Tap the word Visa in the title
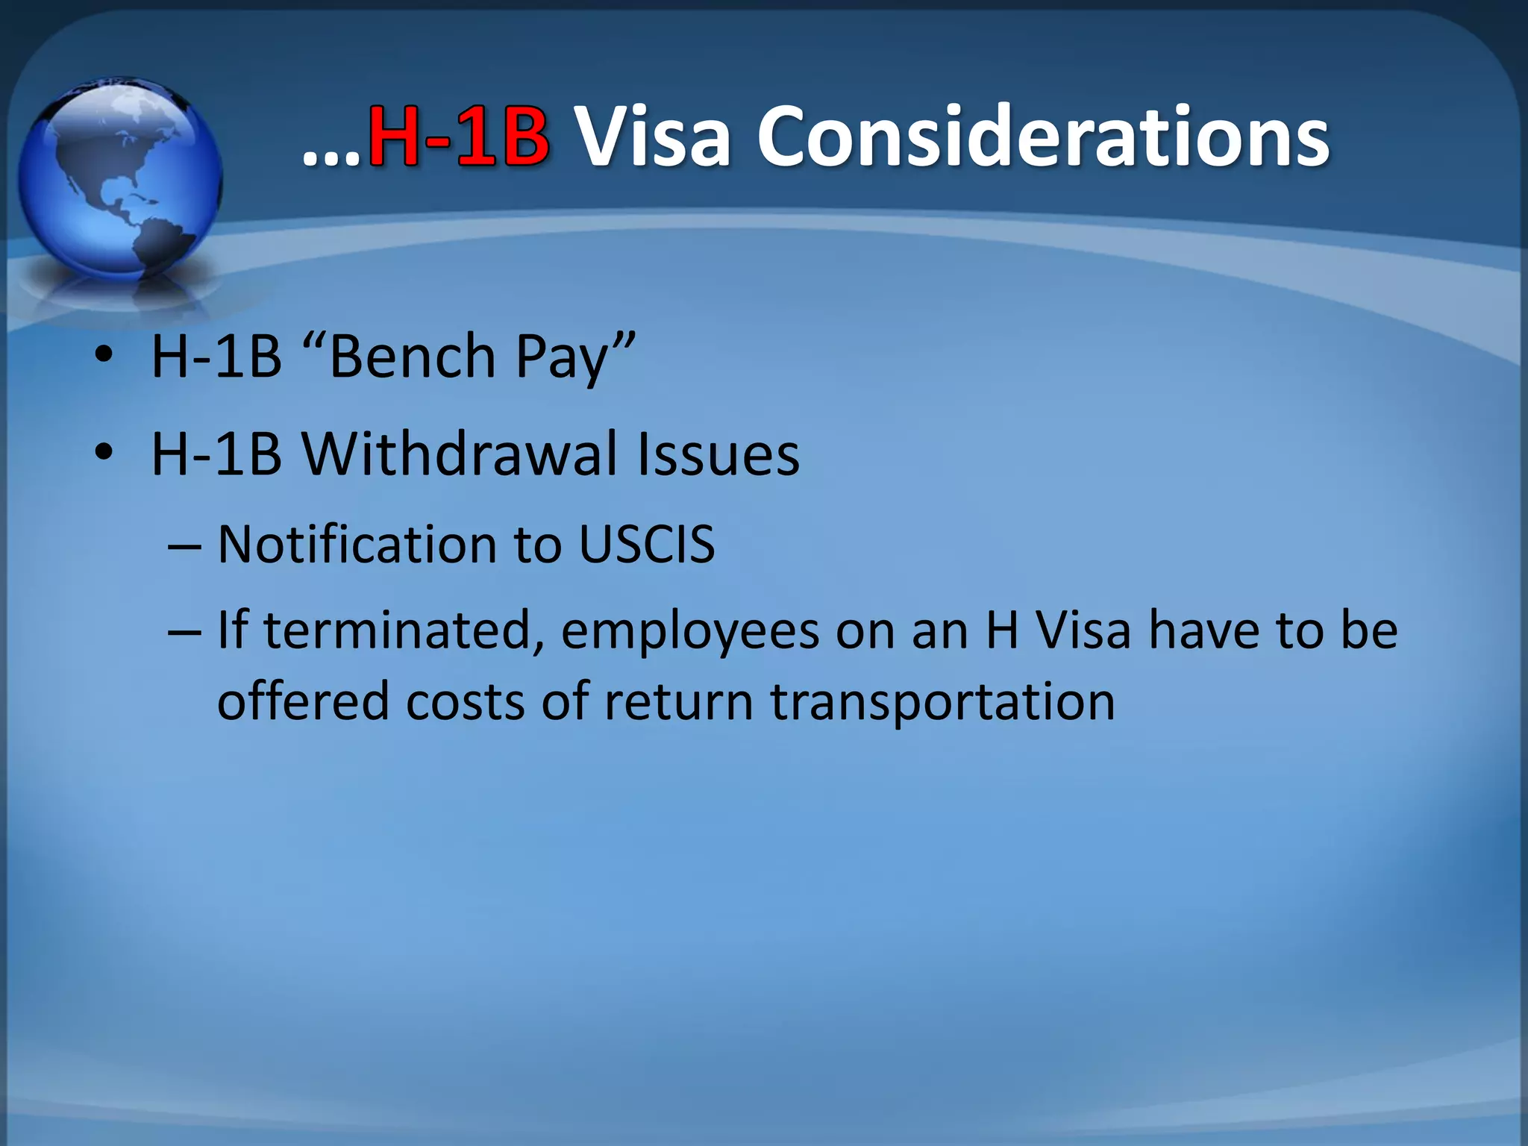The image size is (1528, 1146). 654,137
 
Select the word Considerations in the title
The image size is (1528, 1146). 1043,137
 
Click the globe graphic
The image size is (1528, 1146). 119,179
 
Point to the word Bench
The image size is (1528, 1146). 412,357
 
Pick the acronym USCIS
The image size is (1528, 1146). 647,544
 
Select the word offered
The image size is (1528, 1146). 303,701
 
